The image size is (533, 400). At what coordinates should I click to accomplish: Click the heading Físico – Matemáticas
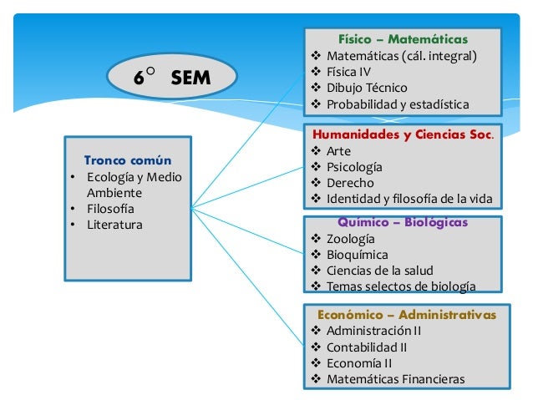click(x=403, y=39)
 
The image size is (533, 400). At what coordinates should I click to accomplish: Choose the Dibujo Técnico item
click(x=367, y=88)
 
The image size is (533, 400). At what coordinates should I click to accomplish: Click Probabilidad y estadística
click(x=398, y=104)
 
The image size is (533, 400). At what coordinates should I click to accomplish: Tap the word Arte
click(x=338, y=151)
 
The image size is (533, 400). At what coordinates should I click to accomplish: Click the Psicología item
click(x=354, y=167)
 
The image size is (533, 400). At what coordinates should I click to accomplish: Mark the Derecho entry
click(x=350, y=183)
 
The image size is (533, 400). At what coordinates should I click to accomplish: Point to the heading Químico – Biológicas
click(x=403, y=222)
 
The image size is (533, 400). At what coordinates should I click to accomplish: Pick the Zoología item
click(x=351, y=239)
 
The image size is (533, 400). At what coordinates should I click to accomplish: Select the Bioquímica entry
click(x=357, y=255)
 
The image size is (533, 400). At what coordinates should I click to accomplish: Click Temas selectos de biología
click(x=401, y=286)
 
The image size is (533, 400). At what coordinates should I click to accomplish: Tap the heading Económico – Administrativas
click(x=407, y=315)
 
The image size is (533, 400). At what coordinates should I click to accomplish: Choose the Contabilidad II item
click(x=367, y=347)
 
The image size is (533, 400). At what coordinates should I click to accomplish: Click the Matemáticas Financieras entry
click(x=395, y=379)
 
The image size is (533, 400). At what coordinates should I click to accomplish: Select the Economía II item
click(x=358, y=363)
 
